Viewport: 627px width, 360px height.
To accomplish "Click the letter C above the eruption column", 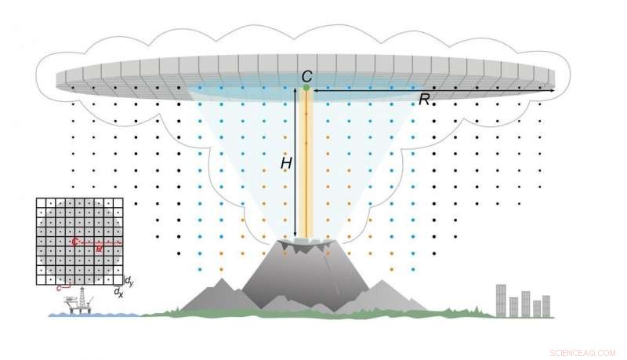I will pyautogui.click(x=307, y=75).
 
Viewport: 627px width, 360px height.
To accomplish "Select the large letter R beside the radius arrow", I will pyautogui.click(x=424, y=99).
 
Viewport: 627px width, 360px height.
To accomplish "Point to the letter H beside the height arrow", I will pyautogui.click(x=286, y=163).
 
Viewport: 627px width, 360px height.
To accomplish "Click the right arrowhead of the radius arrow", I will pyautogui.click(x=553, y=91).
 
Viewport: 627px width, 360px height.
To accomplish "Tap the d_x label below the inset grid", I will pyautogui.click(x=118, y=292).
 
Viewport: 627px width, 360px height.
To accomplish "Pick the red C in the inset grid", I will pyautogui.click(x=74, y=242).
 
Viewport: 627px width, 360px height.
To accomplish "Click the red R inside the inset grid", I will pyautogui.click(x=99, y=248).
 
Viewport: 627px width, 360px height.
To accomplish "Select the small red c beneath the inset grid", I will pyautogui.click(x=59, y=289).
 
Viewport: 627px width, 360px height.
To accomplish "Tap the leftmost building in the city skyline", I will pyautogui.click(x=501, y=300).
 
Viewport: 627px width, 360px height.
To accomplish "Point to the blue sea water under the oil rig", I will pyautogui.click(x=94, y=315).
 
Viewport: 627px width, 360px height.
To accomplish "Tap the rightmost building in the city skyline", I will pyautogui.click(x=546, y=306).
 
